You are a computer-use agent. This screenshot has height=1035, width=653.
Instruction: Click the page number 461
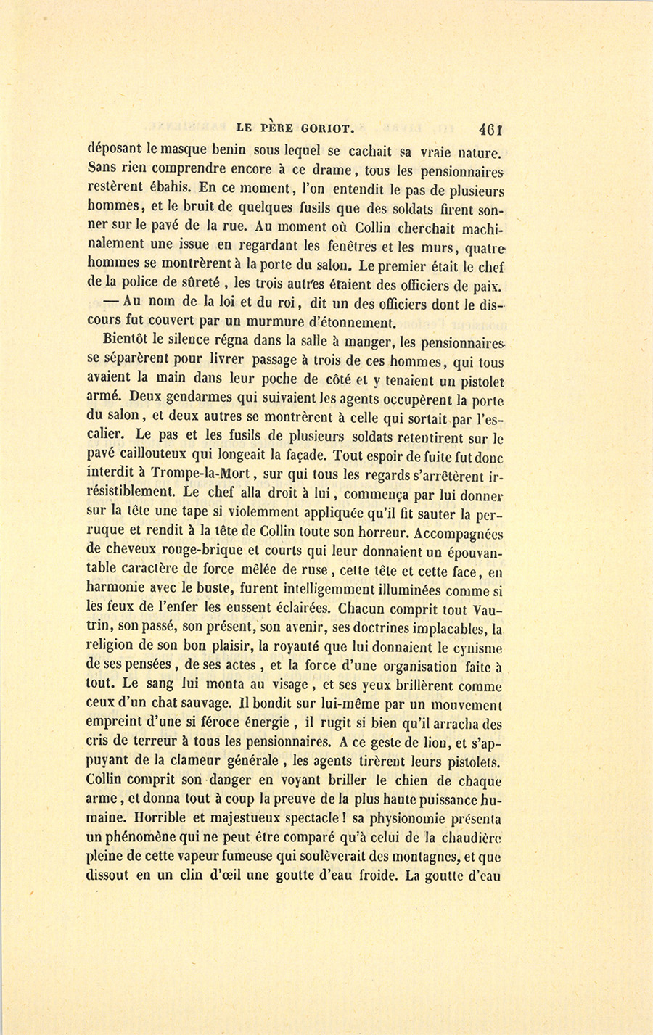pos(491,129)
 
